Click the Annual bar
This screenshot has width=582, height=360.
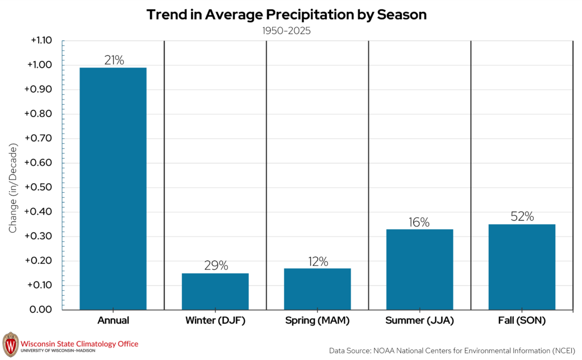113,188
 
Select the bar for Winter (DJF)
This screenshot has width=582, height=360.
215,291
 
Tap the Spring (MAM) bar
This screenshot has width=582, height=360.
317,289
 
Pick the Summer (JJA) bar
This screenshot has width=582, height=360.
419,270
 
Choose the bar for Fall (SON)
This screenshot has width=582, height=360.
522,267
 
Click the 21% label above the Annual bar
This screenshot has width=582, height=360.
114,60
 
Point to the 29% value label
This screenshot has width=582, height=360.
216,265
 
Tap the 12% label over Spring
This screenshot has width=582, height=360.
318,262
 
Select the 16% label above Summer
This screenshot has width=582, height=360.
419,222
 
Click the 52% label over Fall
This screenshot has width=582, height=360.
522,216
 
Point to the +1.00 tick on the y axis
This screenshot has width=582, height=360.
40,65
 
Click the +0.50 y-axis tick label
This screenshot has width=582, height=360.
38,187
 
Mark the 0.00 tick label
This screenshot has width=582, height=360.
40,309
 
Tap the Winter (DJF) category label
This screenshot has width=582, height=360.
215,320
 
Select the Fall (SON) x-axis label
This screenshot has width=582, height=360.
522,320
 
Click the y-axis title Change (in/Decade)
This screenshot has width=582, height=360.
13,188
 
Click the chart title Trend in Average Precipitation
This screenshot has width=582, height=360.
251,15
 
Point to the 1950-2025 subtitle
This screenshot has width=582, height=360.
286,31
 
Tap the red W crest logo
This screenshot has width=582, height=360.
10,345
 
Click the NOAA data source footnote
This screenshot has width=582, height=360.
452,351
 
